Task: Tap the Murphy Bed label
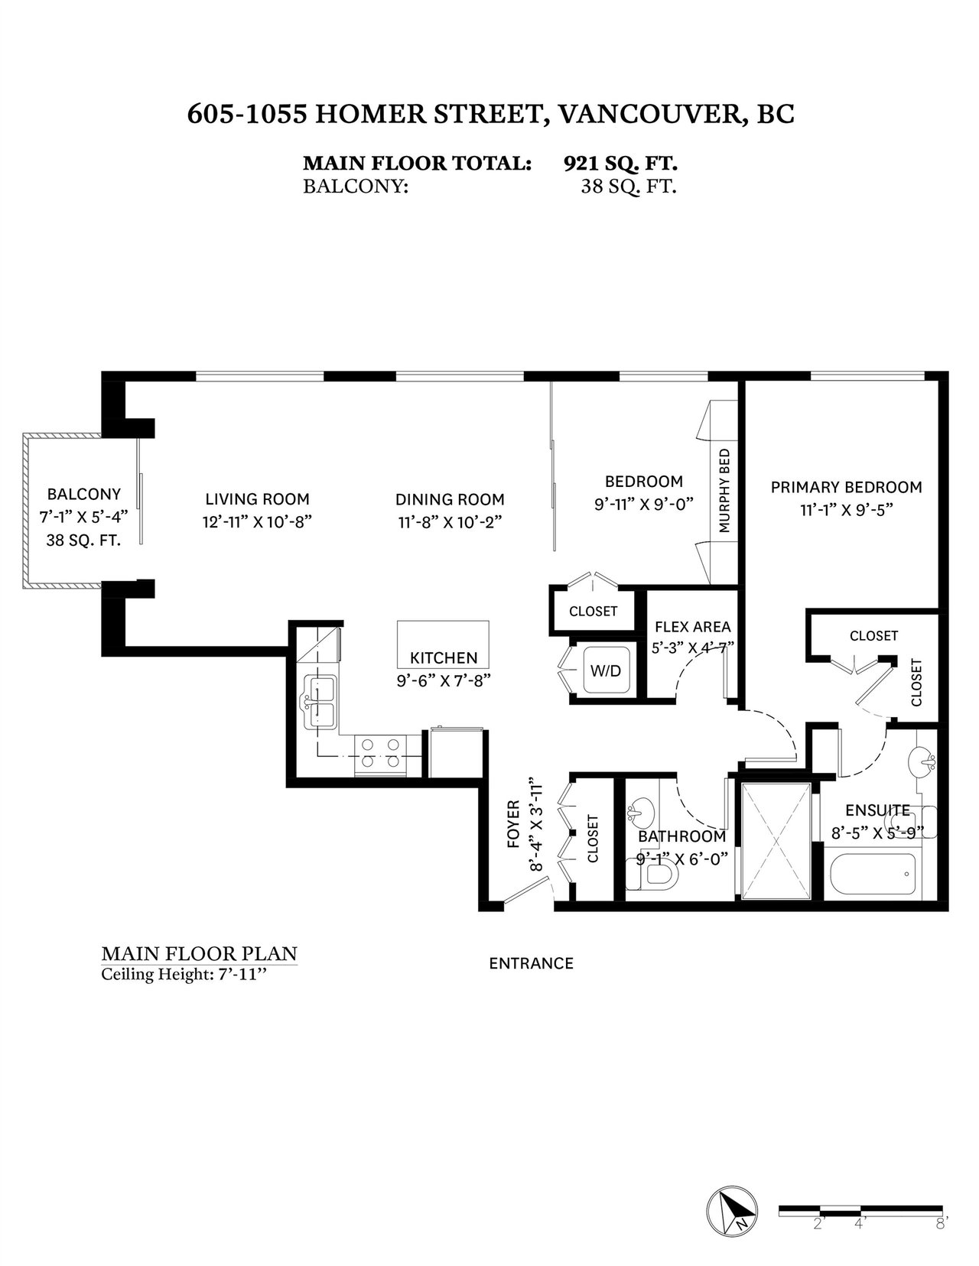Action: [x=724, y=490]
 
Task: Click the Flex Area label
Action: [x=692, y=627]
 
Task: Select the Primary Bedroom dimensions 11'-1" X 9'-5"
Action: [x=847, y=510]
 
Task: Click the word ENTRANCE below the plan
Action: [x=531, y=963]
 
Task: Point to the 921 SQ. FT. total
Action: [x=620, y=164]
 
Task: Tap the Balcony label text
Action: [x=84, y=494]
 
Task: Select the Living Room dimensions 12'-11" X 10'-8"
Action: [x=258, y=521]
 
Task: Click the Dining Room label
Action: [x=450, y=499]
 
